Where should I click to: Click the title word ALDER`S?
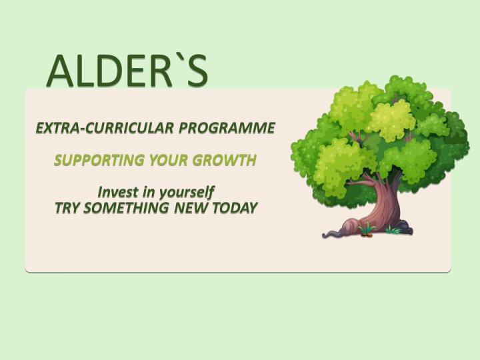point(127,71)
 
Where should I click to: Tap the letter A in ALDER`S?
point(60,71)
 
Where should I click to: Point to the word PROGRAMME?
point(227,127)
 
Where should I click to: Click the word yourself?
point(186,193)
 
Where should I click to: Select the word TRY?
point(67,208)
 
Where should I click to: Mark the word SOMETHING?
point(127,208)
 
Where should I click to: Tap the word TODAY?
point(235,208)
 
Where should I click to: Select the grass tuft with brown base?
point(367,229)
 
